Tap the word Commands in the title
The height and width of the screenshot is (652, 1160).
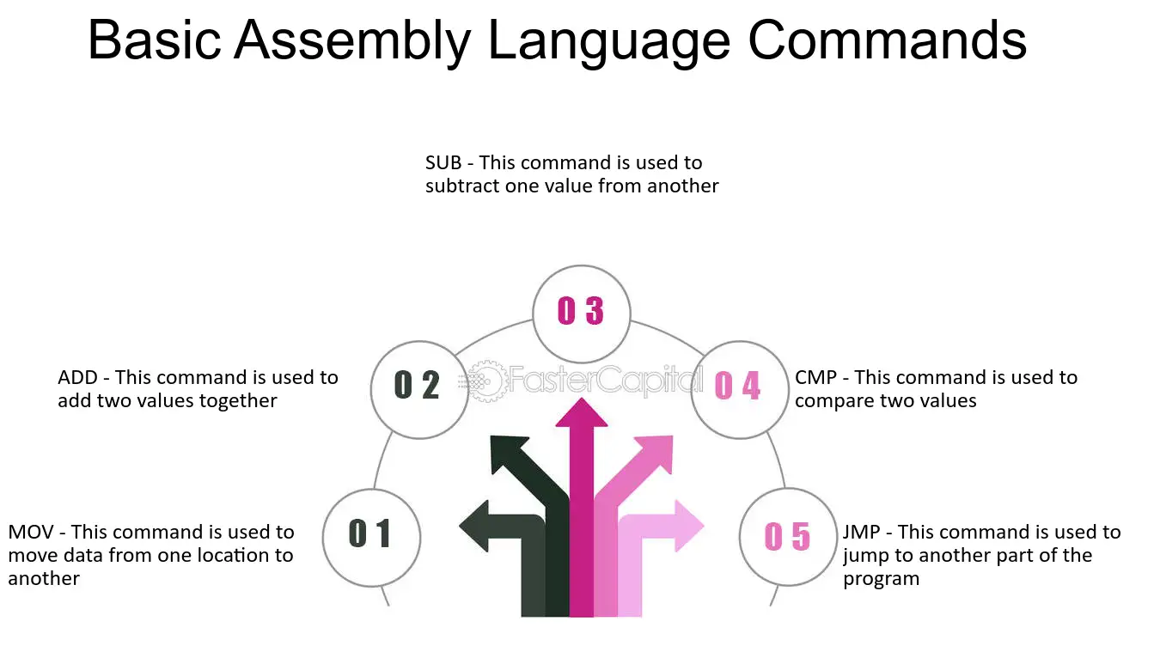[887, 40]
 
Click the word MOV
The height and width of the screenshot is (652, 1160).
[31, 532]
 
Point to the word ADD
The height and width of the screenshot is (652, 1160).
[77, 377]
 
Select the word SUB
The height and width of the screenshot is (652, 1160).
[443, 162]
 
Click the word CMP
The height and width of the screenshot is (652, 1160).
[815, 377]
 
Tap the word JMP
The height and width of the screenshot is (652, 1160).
[861, 532]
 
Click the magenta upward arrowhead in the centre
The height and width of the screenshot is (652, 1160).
[581, 413]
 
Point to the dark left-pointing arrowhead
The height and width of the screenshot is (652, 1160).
[474, 526]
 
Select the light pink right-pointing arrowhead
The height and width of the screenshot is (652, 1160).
[689, 526]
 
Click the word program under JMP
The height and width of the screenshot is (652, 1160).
[881, 579]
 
